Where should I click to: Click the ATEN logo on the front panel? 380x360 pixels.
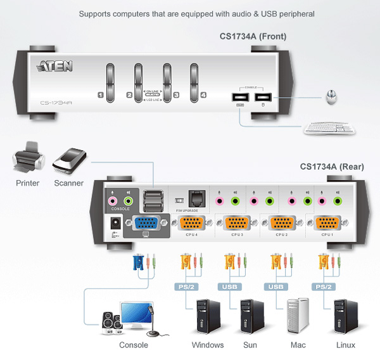(55, 66)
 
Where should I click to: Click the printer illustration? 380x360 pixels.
(27, 160)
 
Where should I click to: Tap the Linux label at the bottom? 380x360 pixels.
(346, 345)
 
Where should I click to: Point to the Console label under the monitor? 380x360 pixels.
(134, 345)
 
